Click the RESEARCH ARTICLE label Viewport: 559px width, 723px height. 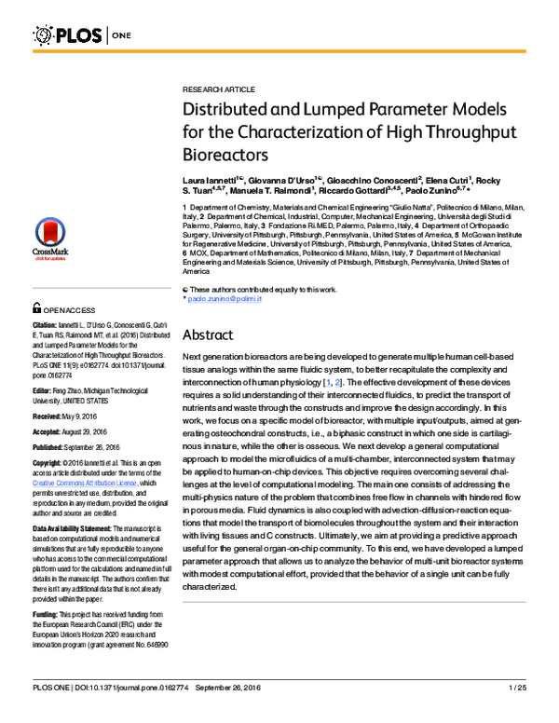[218, 89]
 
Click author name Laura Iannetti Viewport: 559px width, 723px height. [211, 177]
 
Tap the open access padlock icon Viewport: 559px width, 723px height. [38, 307]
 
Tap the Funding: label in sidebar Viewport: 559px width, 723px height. [48, 614]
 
